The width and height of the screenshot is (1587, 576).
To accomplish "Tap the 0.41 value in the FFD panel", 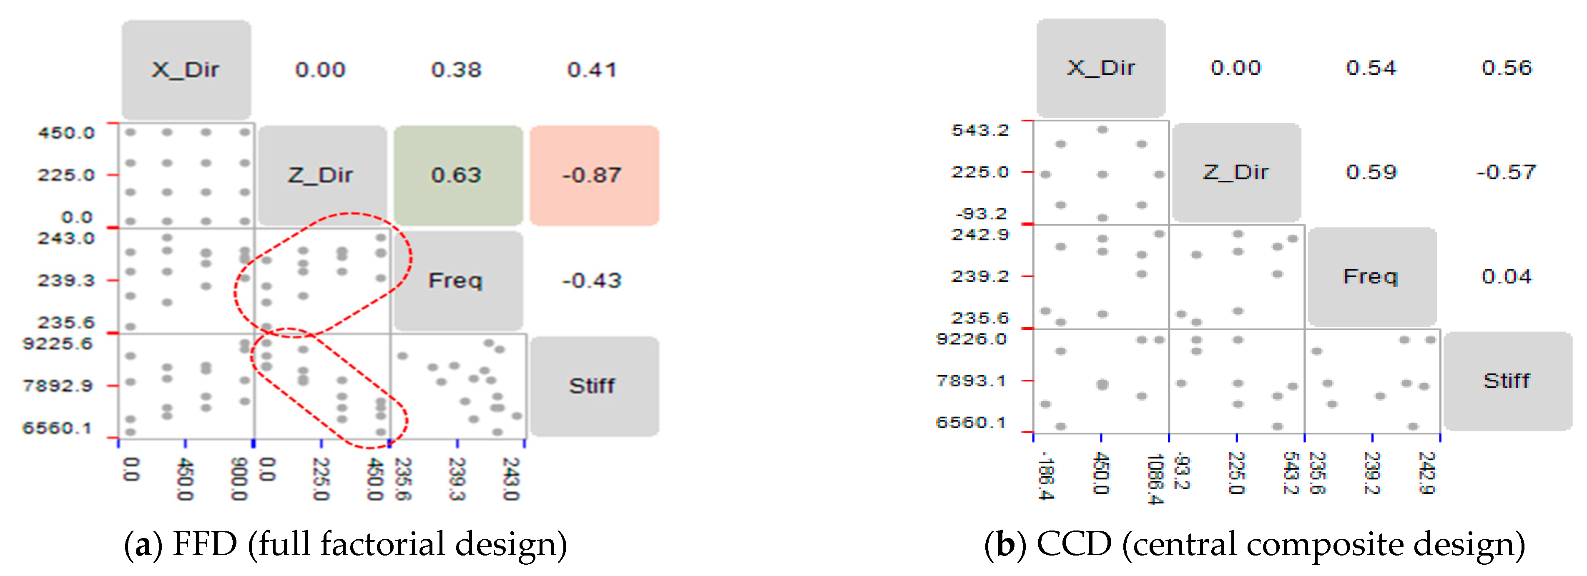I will pos(592,70).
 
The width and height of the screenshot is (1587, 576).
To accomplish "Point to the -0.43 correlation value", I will pos(592,280).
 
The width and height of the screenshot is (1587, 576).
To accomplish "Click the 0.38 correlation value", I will pos(457,70).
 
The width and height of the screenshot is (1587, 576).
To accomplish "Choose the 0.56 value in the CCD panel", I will pos(1507,68).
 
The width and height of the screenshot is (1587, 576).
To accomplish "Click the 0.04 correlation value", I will pos(1507,276).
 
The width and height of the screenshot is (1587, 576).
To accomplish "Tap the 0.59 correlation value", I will pos(1371,172).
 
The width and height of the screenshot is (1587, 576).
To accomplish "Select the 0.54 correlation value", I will pos(1371,68).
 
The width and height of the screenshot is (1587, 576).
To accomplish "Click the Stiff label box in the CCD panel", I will pos(1507,381).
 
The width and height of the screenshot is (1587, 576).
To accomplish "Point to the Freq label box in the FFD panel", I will pos(457,280).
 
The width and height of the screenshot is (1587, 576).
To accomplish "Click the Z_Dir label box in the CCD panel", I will pos(1236,172).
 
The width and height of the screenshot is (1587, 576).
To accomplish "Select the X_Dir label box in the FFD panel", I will pos(186,70).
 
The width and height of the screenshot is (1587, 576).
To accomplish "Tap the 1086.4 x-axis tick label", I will pos(1155,479).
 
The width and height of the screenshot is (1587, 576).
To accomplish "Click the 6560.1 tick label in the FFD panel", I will pos(58,427).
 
